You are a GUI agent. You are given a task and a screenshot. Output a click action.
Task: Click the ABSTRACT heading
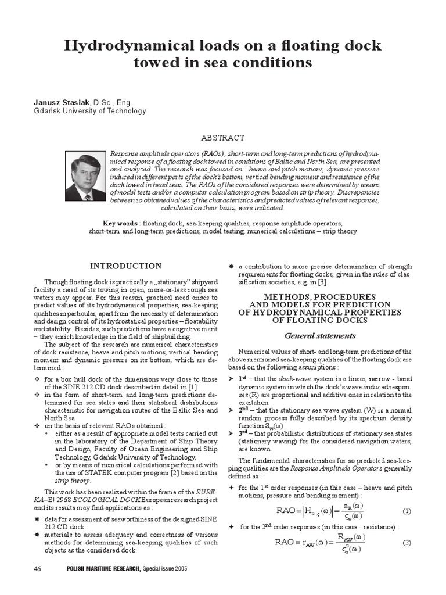point(222,138)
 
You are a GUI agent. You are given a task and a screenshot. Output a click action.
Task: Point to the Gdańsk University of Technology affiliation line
point(90,111)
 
